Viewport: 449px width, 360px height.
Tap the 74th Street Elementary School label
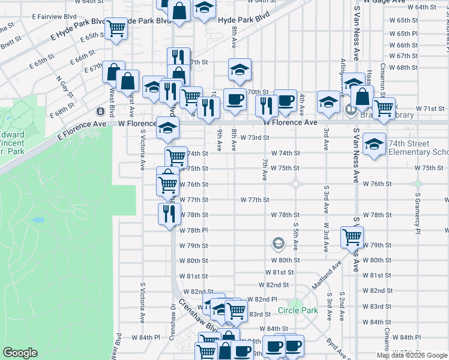[417, 148]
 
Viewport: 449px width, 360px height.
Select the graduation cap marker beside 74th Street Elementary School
[374, 144]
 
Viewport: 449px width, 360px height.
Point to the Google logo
[20, 353]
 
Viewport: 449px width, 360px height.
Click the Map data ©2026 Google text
[412, 355]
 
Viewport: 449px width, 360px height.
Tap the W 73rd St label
[253, 137]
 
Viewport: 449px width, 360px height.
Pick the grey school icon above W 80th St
[278, 243]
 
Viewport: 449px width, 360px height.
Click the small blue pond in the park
[37, 220]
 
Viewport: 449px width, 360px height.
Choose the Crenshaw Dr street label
[172, 324]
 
